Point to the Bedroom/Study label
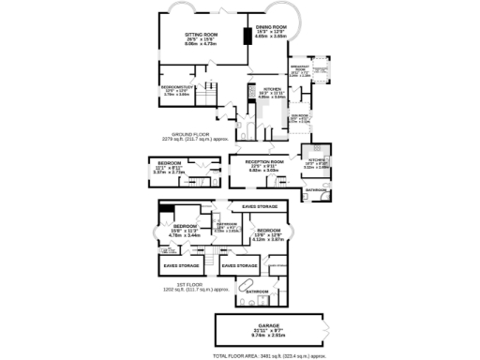pyautogui.click(x=176, y=90)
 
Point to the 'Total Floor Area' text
pyautogui.click(x=269, y=356)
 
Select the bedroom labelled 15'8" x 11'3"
pyautogui.click(x=184, y=230)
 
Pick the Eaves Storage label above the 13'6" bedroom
pyautogui.click(x=259, y=205)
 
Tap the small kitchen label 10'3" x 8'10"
pyautogui.click(x=316, y=164)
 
